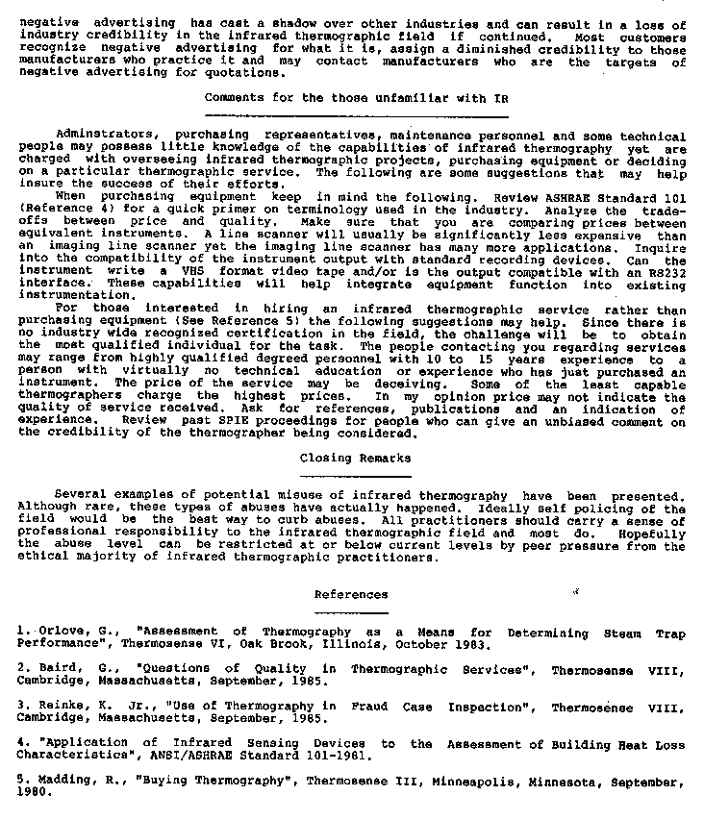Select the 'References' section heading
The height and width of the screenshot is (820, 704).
click(x=351, y=595)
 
